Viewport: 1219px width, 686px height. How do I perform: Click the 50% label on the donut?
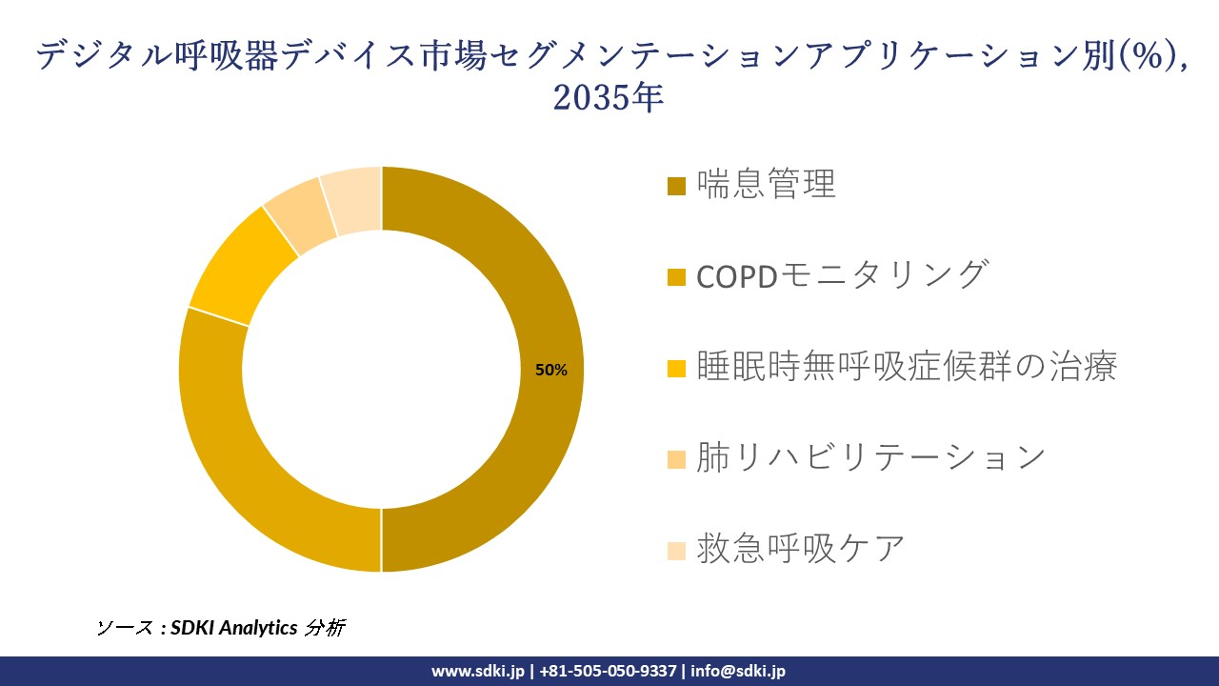pos(550,371)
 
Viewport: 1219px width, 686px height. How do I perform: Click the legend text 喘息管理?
pos(766,184)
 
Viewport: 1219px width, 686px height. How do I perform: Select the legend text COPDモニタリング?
pos(841,275)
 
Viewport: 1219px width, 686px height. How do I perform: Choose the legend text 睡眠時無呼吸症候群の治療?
pos(906,367)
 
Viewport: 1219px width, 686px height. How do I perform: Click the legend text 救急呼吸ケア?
pos(800,550)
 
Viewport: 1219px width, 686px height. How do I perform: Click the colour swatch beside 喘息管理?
pos(676,186)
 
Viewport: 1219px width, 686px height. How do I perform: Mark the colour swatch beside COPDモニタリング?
pos(676,277)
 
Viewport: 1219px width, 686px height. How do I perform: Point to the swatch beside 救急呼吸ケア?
pos(676,551)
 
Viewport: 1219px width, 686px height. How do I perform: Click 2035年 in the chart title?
pos(609,98)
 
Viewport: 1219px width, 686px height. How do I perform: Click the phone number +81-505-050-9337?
pos(608,671)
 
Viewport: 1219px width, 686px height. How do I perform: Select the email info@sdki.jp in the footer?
pos(738,671)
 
